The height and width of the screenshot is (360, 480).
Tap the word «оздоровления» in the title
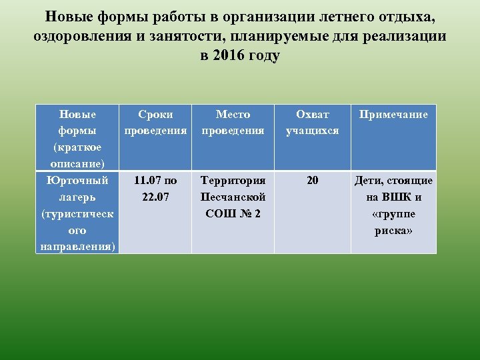pos(86,36)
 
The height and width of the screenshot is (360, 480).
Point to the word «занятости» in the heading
pos(189,36)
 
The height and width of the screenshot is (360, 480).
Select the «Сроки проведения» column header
pos(155,122)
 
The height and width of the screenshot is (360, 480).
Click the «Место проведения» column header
pos(233,122)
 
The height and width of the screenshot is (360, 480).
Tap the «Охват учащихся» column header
pos(312,122)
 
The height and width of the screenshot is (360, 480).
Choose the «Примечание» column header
pos(393,114)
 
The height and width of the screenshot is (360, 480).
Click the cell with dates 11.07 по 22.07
pos(155,188)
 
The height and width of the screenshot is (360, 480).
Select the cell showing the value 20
pos(312,180)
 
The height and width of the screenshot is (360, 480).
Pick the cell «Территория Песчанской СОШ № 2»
pos(233,197)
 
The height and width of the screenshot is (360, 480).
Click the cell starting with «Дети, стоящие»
pos(393,205)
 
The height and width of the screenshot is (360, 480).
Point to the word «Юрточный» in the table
pos(77,180)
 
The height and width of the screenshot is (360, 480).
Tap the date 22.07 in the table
pos(155,197)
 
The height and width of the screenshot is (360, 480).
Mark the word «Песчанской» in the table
pos(233,197)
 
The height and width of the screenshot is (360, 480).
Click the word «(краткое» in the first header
pos(77,147)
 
